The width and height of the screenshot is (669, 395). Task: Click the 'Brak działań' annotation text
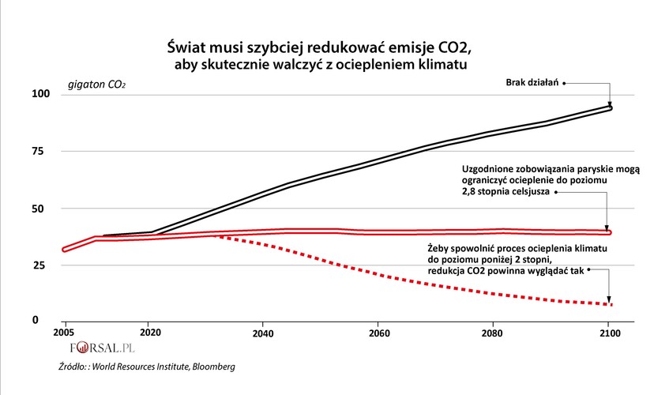pos(532,82)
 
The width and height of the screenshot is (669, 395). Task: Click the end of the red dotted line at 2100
pos(610,304)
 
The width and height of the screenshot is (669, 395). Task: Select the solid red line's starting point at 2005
pos(65,249)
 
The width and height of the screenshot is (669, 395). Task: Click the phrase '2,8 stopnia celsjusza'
pos(504,192)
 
